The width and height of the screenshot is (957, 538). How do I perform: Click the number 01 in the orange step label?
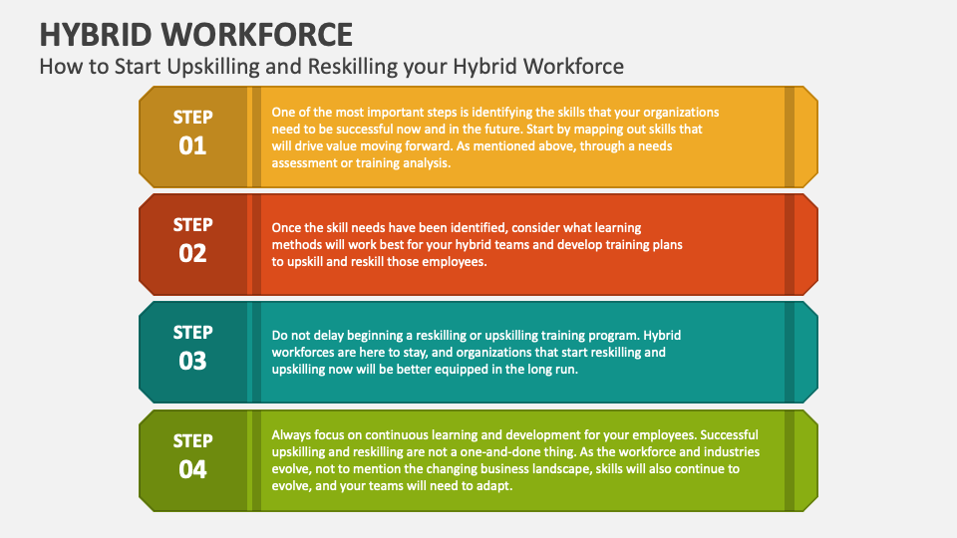point(192,146)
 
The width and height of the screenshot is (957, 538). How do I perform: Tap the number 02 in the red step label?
point(192,253)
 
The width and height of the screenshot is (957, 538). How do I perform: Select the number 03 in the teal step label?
point(192,361)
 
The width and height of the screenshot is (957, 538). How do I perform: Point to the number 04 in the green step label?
point(192,468)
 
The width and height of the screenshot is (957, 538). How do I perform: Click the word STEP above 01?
point(192,118)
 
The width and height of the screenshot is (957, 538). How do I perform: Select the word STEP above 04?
point(192,440)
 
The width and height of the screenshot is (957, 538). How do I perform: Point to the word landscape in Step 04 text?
point(569,468)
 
